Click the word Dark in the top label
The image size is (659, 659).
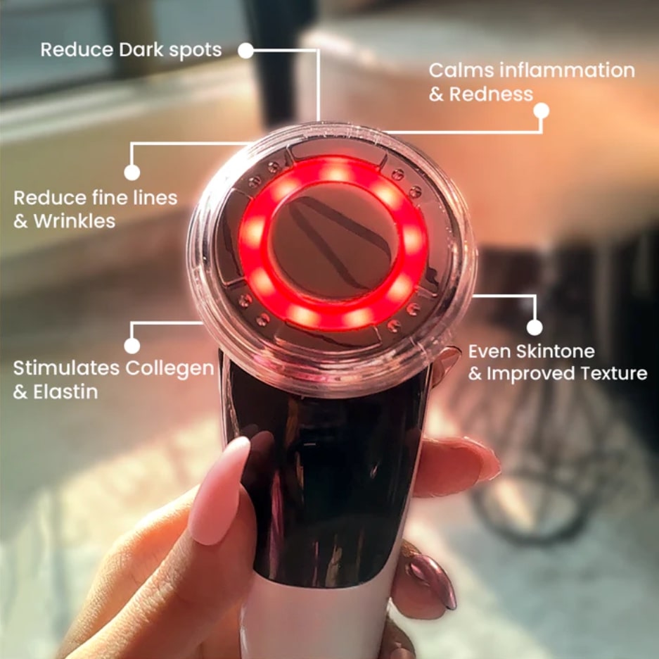[141, 50]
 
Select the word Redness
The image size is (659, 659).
[491, 94]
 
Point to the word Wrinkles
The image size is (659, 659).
[75, 220]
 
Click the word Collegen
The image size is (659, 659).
[169, 369]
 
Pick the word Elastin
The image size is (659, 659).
[65, 391]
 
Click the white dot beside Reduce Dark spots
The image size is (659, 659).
[246, 51]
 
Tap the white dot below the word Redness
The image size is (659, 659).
[542, 111]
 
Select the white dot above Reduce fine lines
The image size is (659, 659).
[132, 172]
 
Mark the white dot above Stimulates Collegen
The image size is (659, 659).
[132, 346]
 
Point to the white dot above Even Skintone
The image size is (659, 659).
[535, 327]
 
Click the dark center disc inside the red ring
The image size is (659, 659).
[333, 242]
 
